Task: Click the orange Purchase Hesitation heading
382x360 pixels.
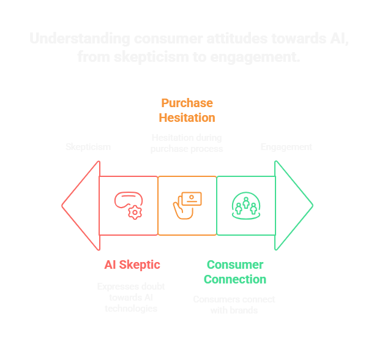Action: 187,110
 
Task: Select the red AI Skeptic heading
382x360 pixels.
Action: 132,264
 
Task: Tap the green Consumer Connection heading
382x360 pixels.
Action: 234,272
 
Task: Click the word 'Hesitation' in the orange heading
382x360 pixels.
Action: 187,118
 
